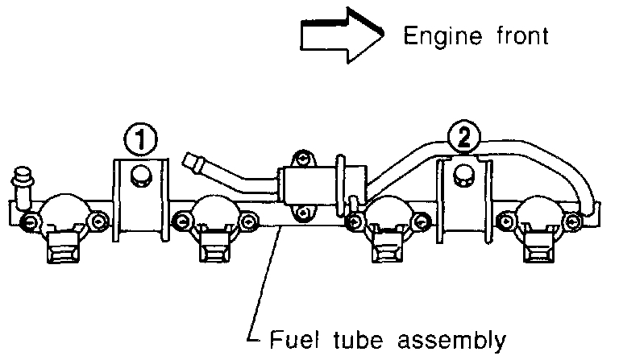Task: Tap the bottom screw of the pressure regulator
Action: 301,213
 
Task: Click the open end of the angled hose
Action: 191,161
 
